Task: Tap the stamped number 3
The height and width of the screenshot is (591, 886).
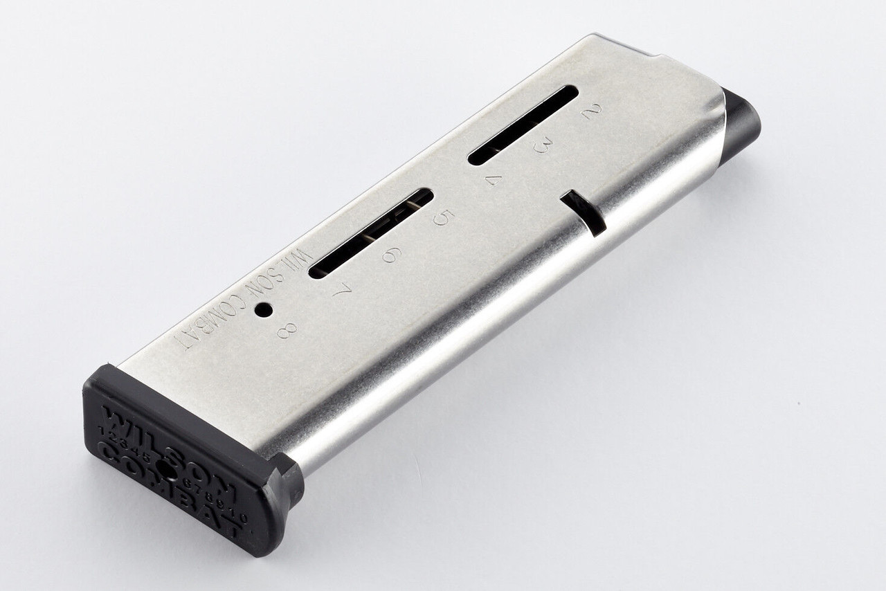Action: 543,147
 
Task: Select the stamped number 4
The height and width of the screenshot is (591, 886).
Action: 494,182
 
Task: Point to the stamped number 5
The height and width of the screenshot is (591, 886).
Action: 441,219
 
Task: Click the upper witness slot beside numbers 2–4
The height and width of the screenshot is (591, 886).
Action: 523,125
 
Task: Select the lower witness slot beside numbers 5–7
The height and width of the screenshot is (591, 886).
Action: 371,233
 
